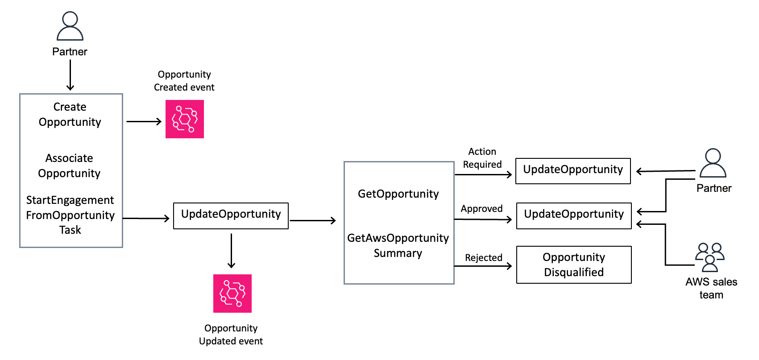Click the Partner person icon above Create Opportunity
[70, 27]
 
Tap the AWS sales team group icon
[709, 257]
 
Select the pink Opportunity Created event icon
[185, 119]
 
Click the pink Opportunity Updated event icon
[232, 294]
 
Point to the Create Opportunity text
[70, 115]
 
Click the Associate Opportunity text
[69, 166]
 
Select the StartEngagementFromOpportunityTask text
[70, 215]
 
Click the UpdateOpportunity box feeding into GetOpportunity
[231, 216]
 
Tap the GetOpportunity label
[398, 194]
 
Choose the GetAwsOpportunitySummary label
[398, 245]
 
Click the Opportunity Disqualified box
[574, 265]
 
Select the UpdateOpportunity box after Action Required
[573, 171]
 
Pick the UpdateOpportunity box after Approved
[574, 216]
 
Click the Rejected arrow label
[483, 258]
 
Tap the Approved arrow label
[481, 209]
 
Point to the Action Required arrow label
[482, 158]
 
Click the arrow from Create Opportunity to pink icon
[144, 121]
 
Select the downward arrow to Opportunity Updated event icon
[231, 250]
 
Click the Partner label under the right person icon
[714, 188]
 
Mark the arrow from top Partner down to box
[70, 75]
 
